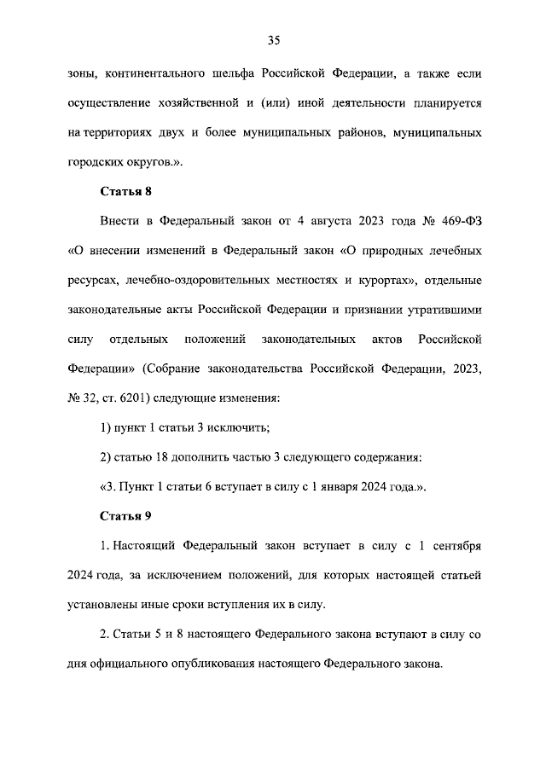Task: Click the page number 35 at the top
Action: pyautogui.click(x=274, y=40)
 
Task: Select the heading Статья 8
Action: pyautogui.click(x=125, y=191)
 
